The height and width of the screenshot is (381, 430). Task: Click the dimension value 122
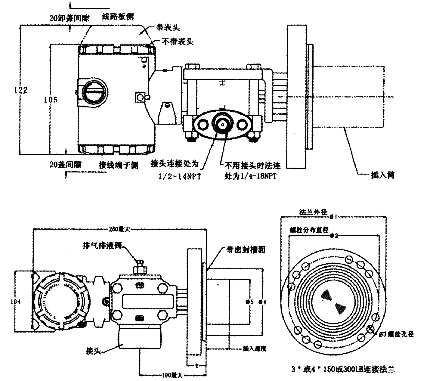tap(21, 90)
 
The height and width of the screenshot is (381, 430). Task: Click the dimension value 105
tap(51, 99)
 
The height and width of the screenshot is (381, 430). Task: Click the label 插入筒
tap(382, 175)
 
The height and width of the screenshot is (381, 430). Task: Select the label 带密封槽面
tap(246, 249)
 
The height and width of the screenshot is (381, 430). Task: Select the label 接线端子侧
tap(119, 165)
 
